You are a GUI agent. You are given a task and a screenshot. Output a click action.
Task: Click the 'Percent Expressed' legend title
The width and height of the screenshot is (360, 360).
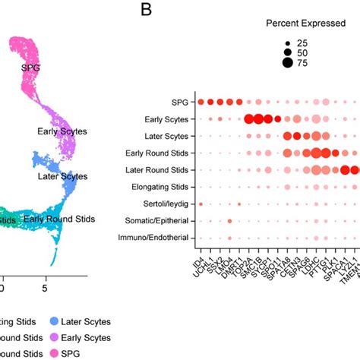coord(284,23)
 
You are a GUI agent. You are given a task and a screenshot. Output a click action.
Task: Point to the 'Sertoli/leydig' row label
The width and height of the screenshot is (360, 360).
coord(164,204)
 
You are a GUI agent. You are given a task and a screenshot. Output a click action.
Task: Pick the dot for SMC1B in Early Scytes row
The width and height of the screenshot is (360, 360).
coord(259,118)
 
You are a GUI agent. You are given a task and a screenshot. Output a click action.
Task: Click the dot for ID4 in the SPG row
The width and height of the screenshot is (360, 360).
coord(201,102)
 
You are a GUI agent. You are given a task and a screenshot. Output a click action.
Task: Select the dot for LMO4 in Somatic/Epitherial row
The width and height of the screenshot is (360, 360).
coord(229,221)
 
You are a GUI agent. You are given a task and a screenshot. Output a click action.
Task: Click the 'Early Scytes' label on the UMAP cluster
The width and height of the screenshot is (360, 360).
coord(62,131)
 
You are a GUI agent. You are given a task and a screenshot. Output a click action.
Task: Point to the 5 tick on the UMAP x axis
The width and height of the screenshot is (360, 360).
coord(45,289)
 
